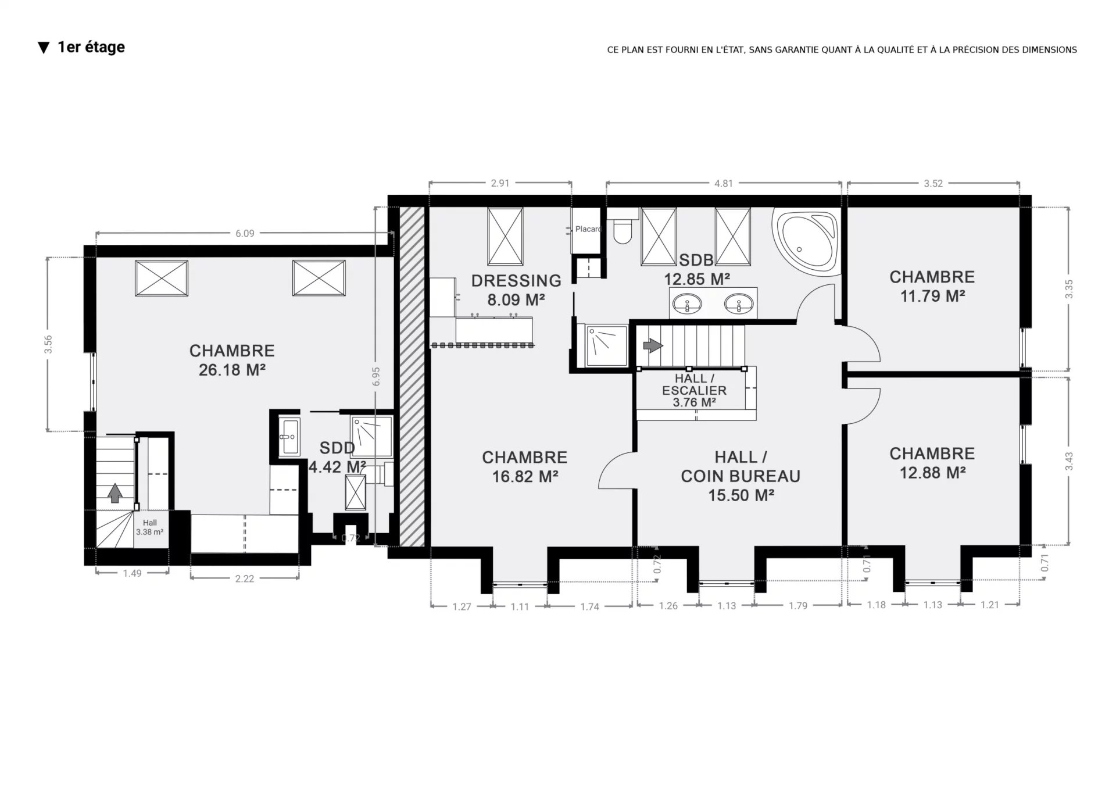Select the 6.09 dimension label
(245, 234)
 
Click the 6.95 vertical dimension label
(377, 376)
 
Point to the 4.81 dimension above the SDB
(724, 184)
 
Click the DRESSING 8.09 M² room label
(516, 290)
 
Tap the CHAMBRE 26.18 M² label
(232, 360)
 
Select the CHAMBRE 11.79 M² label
(932, 286)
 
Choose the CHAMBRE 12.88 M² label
(932, 463)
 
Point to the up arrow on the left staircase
(115, 493)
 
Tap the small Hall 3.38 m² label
(149, 527)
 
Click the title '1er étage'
(91, 47)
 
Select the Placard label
(588, 229)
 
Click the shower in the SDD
(371, 436)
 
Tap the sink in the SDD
(289, 436)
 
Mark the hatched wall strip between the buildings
(412, 376)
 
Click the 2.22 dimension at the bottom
(245, 579)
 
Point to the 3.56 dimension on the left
(48, 344)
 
